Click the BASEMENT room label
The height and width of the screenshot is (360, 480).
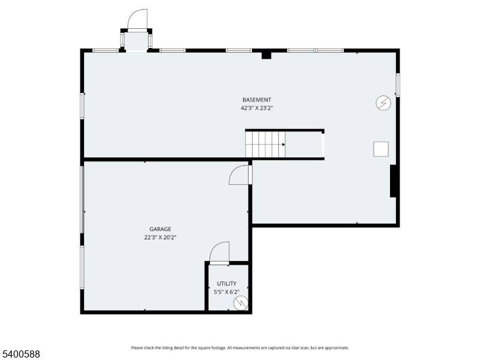pyautogui.click(x=257, y=100)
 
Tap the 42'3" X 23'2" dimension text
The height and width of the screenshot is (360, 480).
pyautogui.click(x=257, y=108)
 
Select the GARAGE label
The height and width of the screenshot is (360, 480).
pyautogui.click(x=160, y=229)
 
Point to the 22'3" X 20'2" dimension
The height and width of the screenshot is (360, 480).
pyautogui.click(x=160, y=237)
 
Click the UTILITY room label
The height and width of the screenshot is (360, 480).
pyautogui.click(x=227, y=283)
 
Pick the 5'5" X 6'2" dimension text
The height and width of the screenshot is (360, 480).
pyautogui.click(x=227, y=292)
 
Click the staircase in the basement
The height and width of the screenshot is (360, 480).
pyautogui.click(x=265, y=145)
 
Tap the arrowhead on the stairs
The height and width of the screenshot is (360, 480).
pyautogui.click(x=283, y=144)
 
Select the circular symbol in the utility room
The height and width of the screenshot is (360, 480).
pyautogui.click(x=241, y=302)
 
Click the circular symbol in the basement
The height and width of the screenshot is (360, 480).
pyautogui.click(x=383, y=103)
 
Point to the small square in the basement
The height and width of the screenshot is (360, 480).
pyautogui.click(x=381, y=149)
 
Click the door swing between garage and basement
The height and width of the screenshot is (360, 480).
pyautogui.click(x=239, y=175)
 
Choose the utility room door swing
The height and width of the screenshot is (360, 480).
pyautogui.click(x=220, y=252)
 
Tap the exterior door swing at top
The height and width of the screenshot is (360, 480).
pyautogui.click(x=138, y=19)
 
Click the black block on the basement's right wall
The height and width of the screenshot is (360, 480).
pyautogui.click(x=394, y=181)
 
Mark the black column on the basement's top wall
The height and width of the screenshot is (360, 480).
pyautogui.click(x=266, y=55)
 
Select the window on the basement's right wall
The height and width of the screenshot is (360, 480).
pyautogui.click(x=397, y=85)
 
